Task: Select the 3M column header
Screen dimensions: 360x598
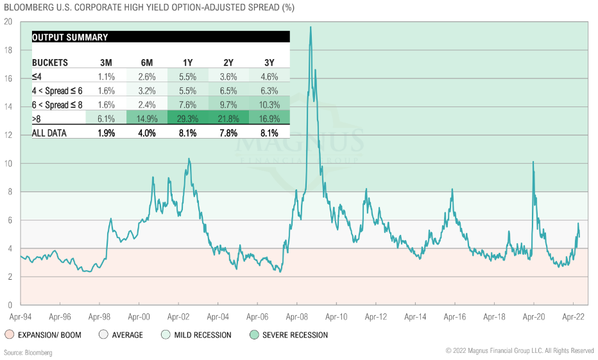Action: [x=106, y=63]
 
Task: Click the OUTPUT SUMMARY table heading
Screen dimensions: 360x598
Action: [x=70, y=37]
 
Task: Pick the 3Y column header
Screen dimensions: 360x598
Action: [x=269, y=63]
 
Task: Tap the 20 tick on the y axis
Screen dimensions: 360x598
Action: [x=8, y=21]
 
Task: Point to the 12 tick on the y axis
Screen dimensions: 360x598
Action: [x=8, y=135]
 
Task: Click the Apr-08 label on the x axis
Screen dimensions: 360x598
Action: [x=296, y=317]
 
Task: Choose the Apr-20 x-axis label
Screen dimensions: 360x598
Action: [x=533, y=317]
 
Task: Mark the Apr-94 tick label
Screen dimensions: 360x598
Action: [x=21, y=317]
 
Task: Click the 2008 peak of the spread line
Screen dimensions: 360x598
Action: [x=311, y=27]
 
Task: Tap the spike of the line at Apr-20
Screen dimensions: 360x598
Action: [x=533, y=162]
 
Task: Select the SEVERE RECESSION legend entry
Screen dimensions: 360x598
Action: [x=295, y=335]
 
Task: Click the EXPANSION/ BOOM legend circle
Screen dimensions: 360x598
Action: [x=9, y=335]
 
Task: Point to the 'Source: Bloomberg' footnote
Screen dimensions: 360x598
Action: [x=28, y=353]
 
